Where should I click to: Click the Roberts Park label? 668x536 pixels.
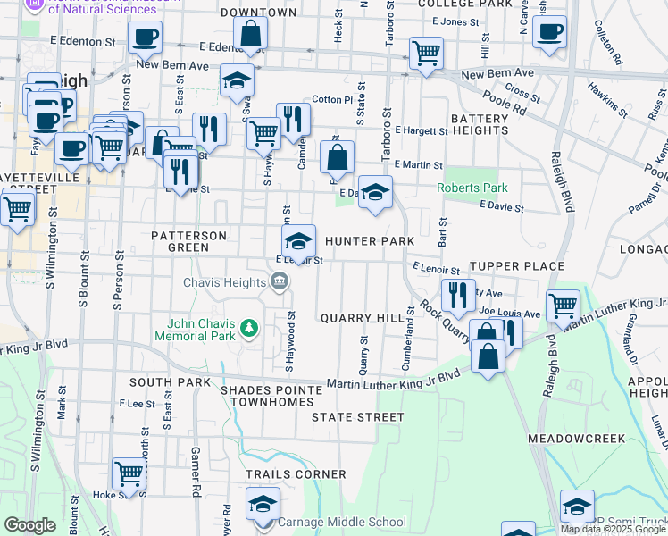tap(472, 188)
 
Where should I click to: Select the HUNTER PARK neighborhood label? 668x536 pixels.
tap(370, 241)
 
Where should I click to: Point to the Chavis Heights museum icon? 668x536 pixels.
tap(279, 283)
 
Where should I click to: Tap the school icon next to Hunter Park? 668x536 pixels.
tap(299, 239)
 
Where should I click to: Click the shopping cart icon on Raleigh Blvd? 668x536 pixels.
tap(563, 305)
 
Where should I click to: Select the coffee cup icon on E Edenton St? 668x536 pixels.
tap(144, 38)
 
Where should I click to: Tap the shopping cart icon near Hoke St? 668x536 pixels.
tap(129, 473)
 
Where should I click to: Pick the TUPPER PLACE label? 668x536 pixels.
tap(517, 266)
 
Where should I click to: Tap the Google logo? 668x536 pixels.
tap(29, 525)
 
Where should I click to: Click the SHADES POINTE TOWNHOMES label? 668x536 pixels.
tap(271, 397)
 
